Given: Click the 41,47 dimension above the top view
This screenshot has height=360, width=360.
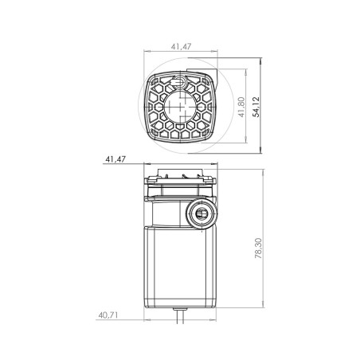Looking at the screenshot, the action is pos(181,46).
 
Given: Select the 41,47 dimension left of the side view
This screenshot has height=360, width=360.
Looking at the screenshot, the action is pos(115,159).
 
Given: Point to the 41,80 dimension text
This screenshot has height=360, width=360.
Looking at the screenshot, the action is pos(241,107).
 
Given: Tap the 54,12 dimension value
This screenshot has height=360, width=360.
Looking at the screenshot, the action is pos(256,107).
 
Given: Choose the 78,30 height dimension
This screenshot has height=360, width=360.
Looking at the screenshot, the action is pos(258,248).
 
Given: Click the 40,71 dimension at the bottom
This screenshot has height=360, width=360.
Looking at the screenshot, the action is pos(108,315).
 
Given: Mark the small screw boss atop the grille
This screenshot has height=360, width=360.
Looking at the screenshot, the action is pos(180,80).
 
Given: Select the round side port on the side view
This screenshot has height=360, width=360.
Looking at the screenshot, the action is pos(201,213).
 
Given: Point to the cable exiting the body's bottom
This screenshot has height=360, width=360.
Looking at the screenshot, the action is pos(180,316).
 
